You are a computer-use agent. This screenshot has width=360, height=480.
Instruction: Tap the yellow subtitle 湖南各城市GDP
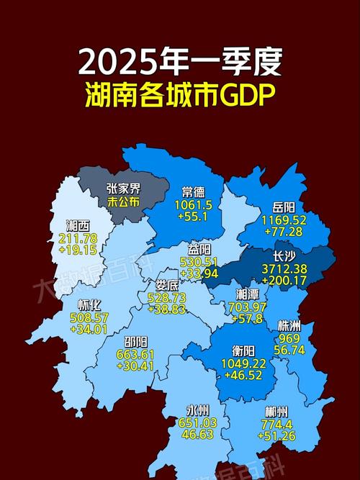tap(180, 96)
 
